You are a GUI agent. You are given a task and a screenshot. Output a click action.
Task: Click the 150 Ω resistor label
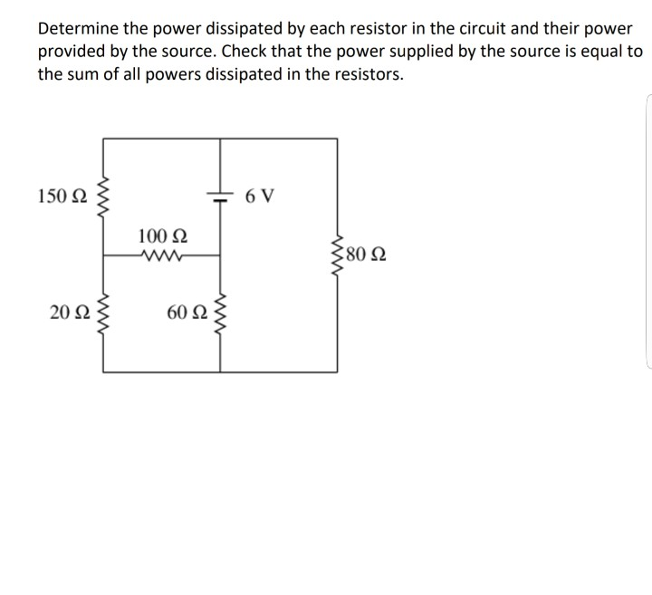pyautogui.click(x=62, y=197)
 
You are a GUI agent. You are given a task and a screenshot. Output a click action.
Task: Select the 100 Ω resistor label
pyautogui.click(x=163, y=236)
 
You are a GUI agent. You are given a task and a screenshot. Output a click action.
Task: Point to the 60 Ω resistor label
pyautogui.click(x=187, y=313)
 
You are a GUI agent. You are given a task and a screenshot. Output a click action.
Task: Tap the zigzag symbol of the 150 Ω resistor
pyautogui.click(x=102, y=197)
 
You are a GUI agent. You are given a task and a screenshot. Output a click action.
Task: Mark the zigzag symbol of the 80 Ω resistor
pyautogui.click(x=338, y=254)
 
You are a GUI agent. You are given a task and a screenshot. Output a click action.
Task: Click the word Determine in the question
pyautogui.click(x=79, y=29)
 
